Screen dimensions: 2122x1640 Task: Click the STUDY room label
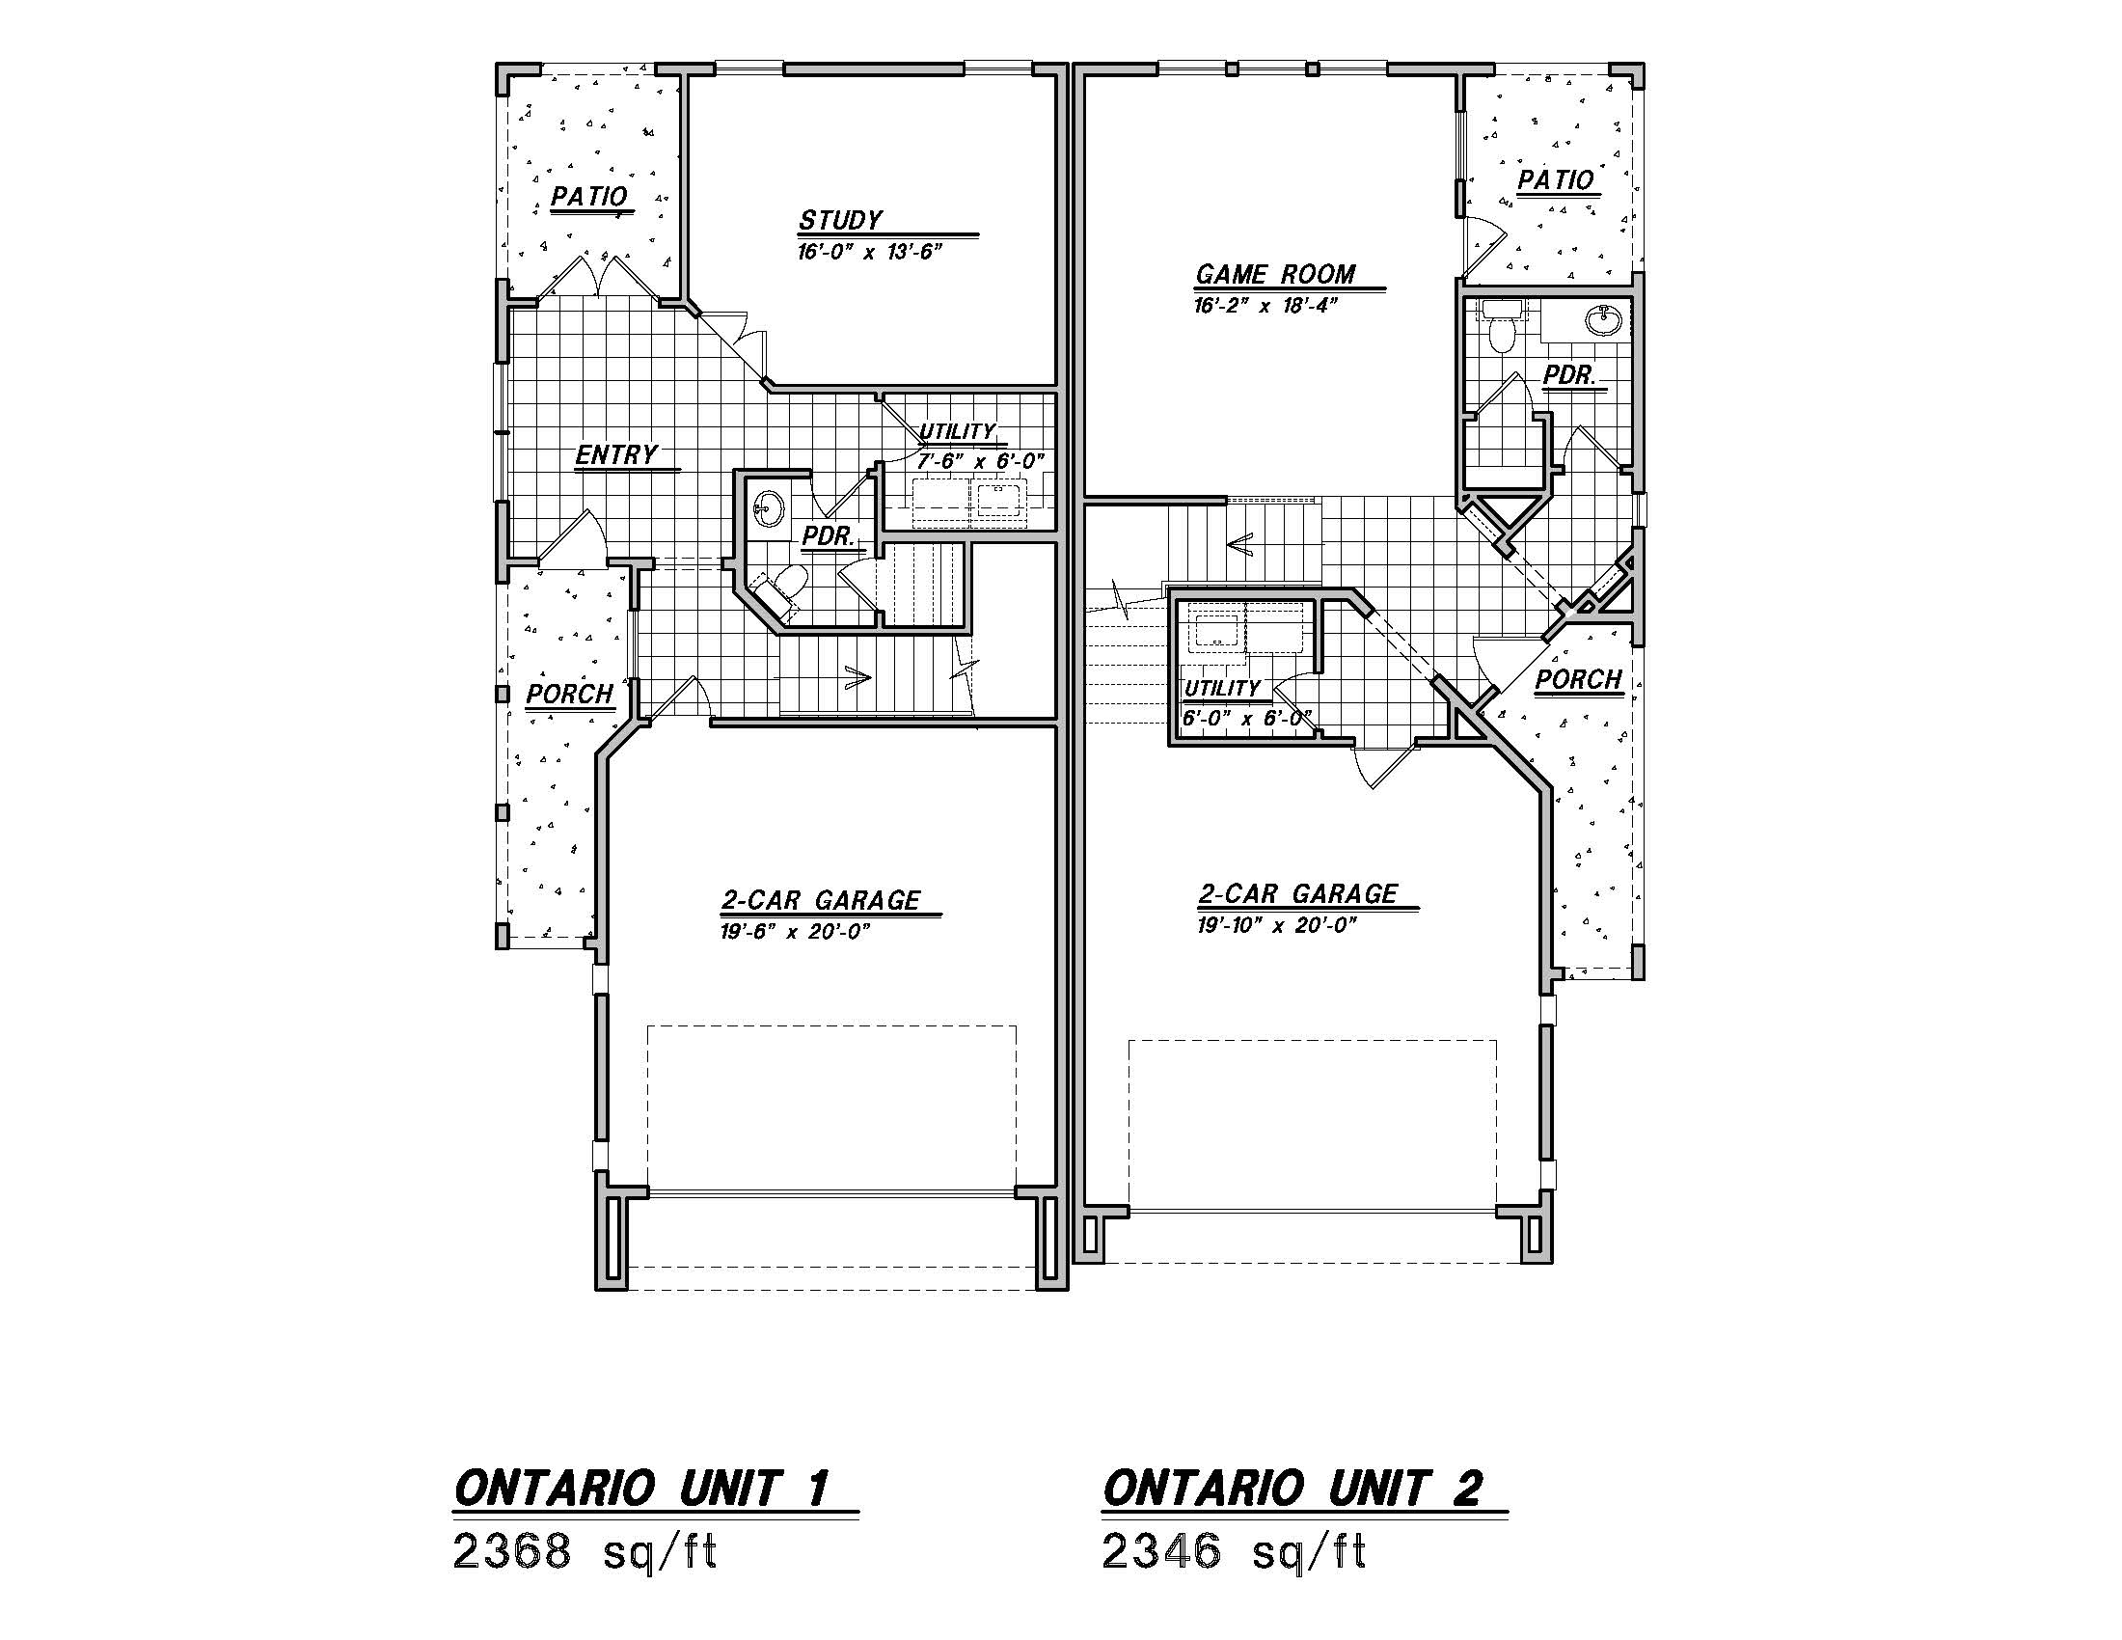[840, 221]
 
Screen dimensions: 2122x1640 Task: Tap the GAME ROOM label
[1275, 274]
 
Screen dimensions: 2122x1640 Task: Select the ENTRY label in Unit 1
[616, 454]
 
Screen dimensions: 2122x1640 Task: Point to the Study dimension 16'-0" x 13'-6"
[871, 252]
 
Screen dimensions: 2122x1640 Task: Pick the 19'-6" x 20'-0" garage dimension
[795, 932]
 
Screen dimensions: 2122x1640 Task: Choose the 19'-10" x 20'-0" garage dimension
[1277, 925]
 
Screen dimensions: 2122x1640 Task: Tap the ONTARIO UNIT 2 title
[1292, 1489]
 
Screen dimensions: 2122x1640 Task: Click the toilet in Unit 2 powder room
[1502, 329]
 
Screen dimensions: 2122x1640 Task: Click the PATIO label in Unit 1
[588, 196]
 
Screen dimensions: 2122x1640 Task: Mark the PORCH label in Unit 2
[1579, 679]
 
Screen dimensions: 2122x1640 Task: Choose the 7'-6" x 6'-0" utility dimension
[979, 461]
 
